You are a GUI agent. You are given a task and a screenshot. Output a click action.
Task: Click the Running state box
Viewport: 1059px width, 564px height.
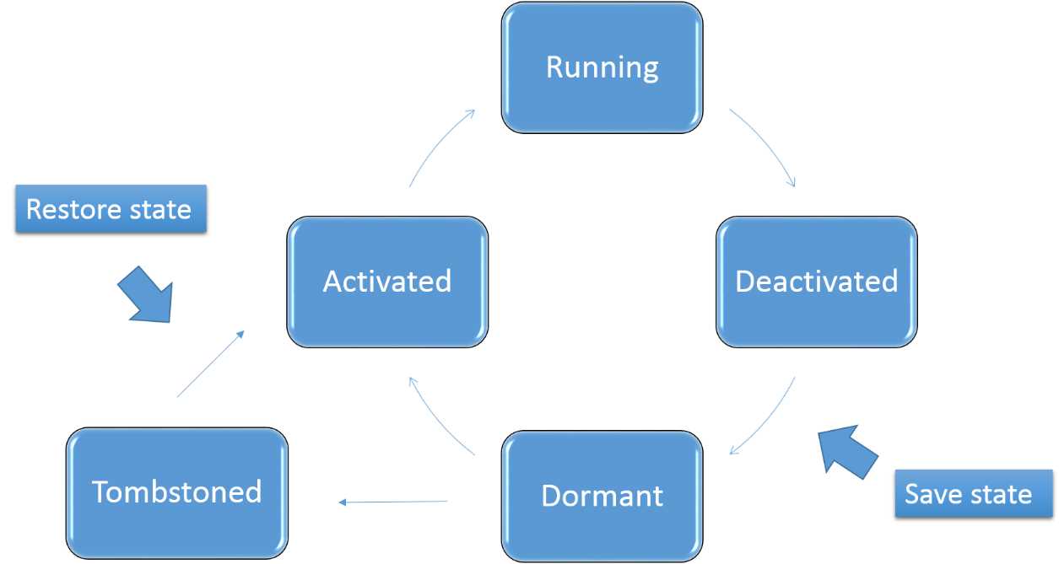[x=602, y=67]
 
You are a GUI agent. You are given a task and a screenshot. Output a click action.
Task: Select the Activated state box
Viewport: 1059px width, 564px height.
[x=387, y=282]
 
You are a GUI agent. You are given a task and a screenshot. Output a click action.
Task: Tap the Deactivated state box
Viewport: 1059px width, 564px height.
[x=816, y=282]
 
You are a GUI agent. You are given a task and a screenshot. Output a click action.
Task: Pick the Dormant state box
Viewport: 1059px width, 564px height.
[x=602, y=495]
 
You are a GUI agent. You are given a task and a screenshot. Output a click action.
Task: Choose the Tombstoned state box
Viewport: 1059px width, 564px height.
[x=176, y=492]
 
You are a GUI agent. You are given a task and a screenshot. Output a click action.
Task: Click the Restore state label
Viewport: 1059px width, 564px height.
[x=109, y=209]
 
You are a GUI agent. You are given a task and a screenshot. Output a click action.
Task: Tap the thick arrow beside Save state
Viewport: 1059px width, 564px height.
[x=848, y=453]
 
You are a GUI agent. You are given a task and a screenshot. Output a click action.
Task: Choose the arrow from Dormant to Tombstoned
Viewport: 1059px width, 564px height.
[x=392, y=502]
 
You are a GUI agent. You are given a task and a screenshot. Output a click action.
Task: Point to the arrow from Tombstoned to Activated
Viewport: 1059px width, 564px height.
[x=211, y=363]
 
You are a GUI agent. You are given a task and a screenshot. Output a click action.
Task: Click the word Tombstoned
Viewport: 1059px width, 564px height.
[x=176, y=491]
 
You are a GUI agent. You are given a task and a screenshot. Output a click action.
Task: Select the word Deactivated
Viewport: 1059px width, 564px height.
[x=816, y=282]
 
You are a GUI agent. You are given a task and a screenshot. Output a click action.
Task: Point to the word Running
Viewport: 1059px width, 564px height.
[x=602, y=67]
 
